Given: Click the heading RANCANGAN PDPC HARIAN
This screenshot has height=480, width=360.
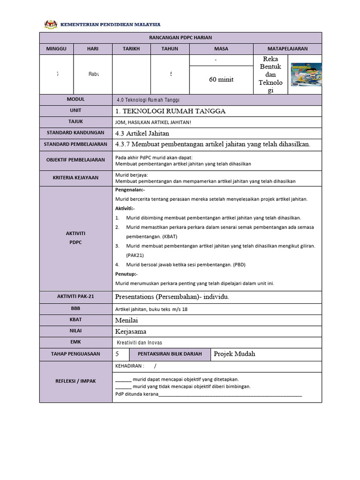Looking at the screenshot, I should tap(180, 37).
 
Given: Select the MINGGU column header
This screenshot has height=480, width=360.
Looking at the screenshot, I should tap(56, 49).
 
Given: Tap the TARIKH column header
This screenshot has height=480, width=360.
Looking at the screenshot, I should tap(131, 49).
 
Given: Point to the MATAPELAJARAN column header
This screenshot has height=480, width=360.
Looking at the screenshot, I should tap(287, 49).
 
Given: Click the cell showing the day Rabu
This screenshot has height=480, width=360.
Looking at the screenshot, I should tap(93, 74).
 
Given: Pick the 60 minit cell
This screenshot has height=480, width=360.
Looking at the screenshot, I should tap(221, 80).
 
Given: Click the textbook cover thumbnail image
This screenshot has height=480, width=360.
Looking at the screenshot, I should tap(306, 75).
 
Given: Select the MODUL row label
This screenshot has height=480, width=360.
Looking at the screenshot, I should tap(75, 99).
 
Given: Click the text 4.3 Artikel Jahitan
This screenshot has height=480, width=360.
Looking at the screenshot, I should tap(142, 133).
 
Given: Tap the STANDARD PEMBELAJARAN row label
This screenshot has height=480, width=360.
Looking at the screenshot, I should tap(75, 144).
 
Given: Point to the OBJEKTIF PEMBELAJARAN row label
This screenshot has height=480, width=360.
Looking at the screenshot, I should tap(75, 160).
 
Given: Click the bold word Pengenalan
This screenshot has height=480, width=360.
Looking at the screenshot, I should tap(130, 190).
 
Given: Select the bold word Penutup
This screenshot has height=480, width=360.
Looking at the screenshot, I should tap(126, 274).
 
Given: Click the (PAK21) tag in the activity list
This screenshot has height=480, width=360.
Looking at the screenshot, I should tap(135, 255).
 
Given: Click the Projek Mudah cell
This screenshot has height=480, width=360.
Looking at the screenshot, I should tap(234, 354).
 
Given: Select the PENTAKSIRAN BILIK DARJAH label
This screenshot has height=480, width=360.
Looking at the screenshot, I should tap(169, 354).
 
